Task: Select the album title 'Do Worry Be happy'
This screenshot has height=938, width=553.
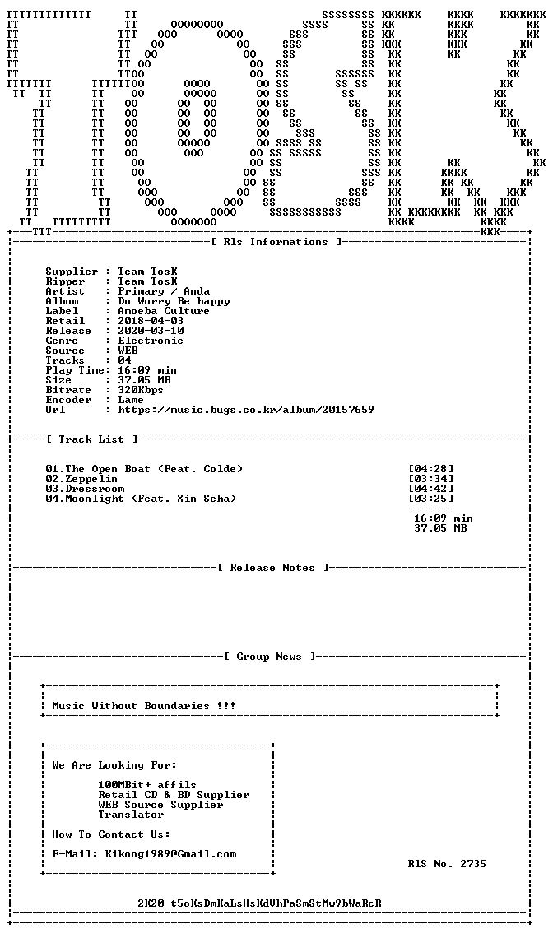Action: (x=174, y=301)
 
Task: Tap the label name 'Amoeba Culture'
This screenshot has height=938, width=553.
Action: (x=164, y=311)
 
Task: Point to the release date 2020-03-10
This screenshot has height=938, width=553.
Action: (x=151, y=331)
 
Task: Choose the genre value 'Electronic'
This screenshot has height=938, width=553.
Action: (x=151, y=341)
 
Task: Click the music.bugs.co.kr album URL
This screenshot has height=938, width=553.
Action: (x=246, y=410)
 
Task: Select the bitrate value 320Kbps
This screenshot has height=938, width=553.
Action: (x=141, y=390)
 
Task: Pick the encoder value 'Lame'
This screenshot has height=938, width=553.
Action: (x=131, y=400)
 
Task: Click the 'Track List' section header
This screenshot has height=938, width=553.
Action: (x=95, y=439)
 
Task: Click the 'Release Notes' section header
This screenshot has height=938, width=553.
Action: (x=272, y=568)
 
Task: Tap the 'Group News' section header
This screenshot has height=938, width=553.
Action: (x=269, y=657)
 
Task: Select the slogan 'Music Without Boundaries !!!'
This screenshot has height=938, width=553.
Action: (x=144, y=706)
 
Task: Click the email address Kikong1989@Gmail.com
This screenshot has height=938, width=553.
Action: (x=170, y=854)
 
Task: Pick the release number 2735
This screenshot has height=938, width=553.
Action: (x=473, y=864)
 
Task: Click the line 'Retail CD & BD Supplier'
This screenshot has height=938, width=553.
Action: (x=174, y=795)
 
